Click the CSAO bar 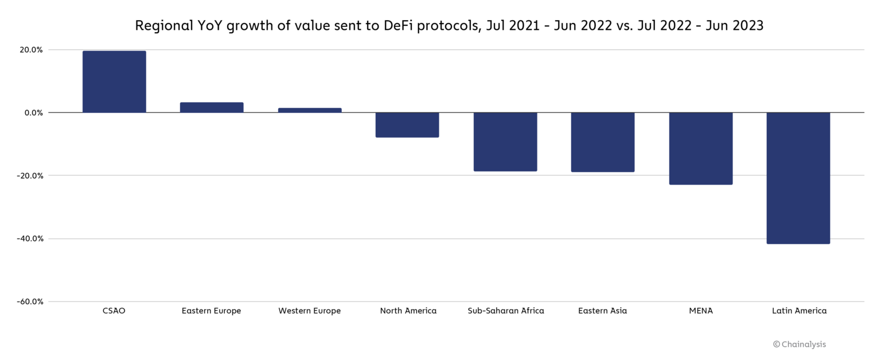(x=114, y=81)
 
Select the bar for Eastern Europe (x=212, y=107)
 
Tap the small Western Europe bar (x=310, y=110)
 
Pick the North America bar (x=407, y=124)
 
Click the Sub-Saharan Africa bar (x=505, y=142)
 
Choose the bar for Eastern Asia (x=603, y=142)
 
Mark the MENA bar (x=701, y=148)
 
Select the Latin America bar (x=798, y=178)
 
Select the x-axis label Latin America (x=799, y=311)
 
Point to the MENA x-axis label (x=701, y=311)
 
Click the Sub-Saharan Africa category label (x=505, y=311)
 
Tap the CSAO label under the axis (x=114, y=311)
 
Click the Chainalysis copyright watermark (x=800, y=345)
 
